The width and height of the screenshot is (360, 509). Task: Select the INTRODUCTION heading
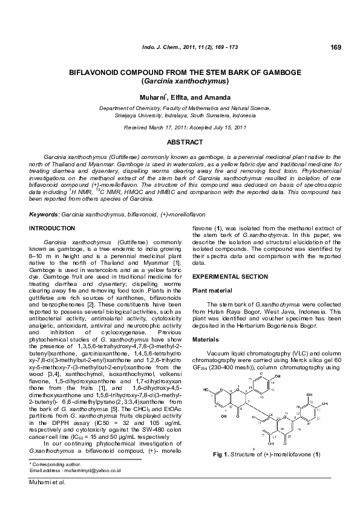pos(53,229)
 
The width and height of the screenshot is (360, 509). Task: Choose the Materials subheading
pos(205,339)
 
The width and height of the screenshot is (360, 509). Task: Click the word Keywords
pos(44,215)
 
